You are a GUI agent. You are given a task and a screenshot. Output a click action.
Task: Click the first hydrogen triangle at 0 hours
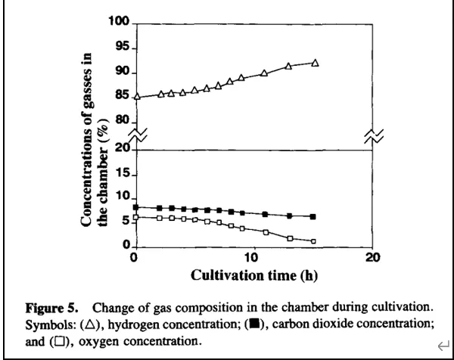click(136, 96)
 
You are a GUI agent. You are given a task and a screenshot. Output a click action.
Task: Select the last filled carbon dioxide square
click(313, 216)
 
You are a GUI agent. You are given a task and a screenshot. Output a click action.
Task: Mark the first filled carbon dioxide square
click(136, 207)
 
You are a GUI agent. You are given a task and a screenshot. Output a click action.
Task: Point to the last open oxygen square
click(313, 241)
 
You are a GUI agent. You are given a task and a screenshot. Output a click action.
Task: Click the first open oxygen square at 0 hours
click(136, 217)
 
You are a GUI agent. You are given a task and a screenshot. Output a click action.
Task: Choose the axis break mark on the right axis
click(375, 136)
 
